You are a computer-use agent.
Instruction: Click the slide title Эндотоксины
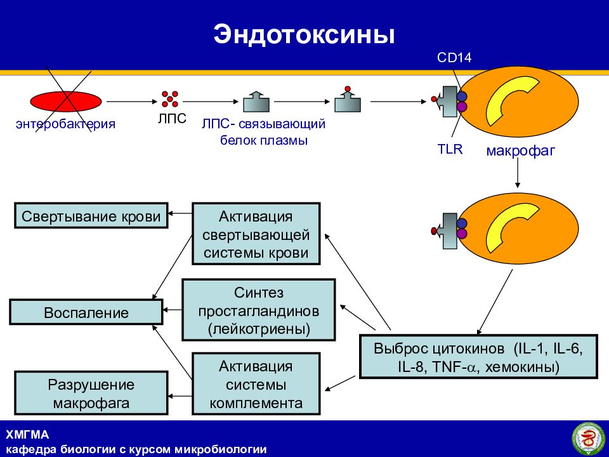coord(304,34)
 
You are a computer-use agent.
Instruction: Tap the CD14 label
coord(454,58)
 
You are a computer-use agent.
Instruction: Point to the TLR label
coord(450,149)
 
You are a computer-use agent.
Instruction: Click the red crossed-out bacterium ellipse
coord(66,101)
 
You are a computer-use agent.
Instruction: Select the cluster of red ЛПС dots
coord(170,99)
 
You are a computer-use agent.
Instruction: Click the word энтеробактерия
coord(65,124)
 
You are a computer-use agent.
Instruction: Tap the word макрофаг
coord(520,150)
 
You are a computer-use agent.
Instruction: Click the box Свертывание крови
coord(91,215)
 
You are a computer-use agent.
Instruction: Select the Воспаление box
coord(86,312)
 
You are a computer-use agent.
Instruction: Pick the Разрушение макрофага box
coord(91,393)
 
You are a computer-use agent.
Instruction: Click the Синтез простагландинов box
coord(259,310)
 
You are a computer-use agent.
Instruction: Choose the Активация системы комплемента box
coord(256,384)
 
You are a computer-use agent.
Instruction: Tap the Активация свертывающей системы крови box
coord(256,234)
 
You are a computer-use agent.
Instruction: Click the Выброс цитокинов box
coord(478,356)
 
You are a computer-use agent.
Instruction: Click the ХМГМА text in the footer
coord(27,434)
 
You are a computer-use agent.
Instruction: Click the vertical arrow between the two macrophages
coord(518,173)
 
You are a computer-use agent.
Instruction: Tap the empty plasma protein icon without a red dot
coord(256,102)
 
